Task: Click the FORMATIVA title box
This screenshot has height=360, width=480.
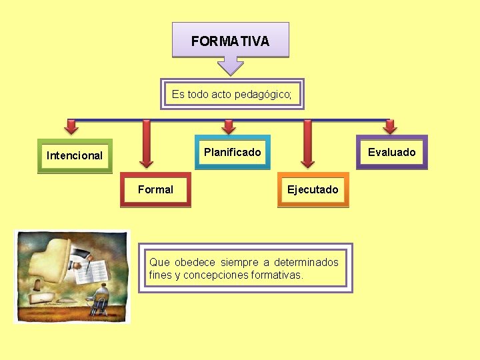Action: pos(230,40)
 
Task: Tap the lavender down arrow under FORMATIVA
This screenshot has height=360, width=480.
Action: pos(231,65)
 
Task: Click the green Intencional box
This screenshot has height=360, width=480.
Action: pos(75,156)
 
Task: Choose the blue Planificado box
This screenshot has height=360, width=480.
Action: pos(232,153)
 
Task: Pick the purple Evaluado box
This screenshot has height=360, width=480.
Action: pos(391,153)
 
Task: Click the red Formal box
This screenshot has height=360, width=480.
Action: pos(155,190)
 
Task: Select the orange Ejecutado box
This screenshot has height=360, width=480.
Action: pos(313,190)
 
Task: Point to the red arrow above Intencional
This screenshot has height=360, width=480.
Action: pos(71,127)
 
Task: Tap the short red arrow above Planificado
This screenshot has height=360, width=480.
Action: pos(229,127)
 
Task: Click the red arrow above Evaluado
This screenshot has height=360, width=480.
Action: pos(390,127)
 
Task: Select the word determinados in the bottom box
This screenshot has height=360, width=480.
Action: pos(306,263)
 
